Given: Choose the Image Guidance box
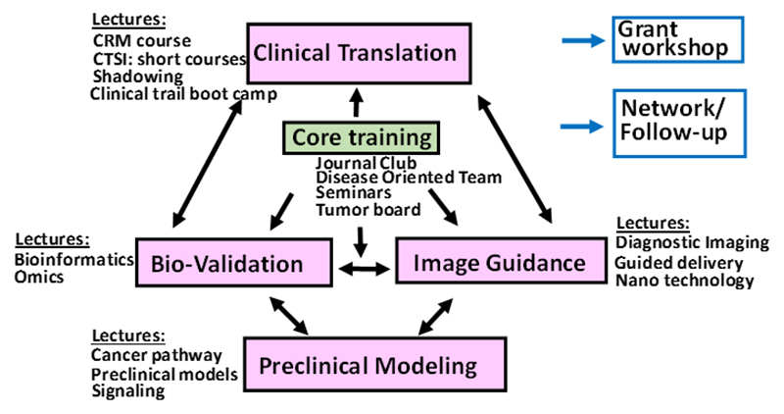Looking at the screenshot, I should click(499, 262).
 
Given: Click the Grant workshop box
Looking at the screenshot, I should click(674, 38).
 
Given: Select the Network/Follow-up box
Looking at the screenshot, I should click(674, 122).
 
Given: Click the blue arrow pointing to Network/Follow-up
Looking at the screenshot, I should click(584, 125).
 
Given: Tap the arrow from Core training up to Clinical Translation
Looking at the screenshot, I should click(358, 102).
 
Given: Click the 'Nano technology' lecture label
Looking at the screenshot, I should click(684, 282).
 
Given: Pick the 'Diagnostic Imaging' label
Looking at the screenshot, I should click(692, 242).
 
